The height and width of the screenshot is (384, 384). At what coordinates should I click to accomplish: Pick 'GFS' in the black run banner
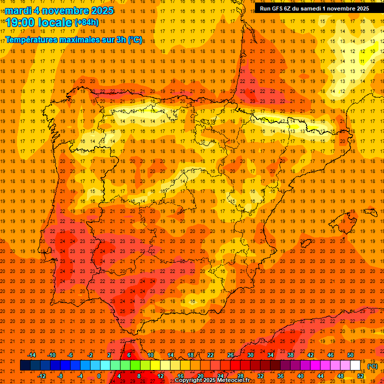point(280,8)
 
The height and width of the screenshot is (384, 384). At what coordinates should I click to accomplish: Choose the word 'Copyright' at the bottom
point(189,380)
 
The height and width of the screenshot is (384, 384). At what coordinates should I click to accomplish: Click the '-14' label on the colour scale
point(32,355)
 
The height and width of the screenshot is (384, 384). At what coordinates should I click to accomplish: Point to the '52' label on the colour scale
point(360,376)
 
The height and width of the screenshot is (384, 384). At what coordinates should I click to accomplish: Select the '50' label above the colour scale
point(350,355)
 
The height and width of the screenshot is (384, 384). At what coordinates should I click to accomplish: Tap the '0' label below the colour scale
point(99,376)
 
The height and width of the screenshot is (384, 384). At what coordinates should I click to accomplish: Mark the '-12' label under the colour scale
point(42,376)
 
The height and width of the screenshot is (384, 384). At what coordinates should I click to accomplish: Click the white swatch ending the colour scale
point(355,365)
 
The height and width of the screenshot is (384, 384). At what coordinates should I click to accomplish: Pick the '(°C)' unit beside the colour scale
point(372,366)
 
